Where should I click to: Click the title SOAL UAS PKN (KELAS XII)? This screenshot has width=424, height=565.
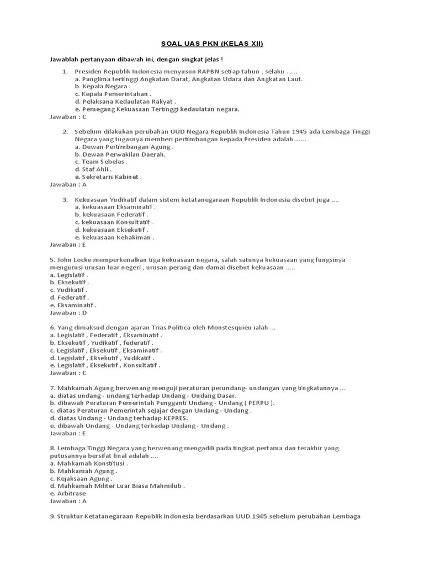[x=212, y=44]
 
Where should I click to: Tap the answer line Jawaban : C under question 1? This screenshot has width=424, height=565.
[x=68, y=117]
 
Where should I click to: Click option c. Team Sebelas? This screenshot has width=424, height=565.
[x=101, y=162]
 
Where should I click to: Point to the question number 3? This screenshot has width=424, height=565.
[x=65, y=199]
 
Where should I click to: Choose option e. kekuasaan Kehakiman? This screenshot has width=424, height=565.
[x=115, y=237]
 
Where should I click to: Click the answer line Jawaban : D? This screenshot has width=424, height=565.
[x=68, y=312]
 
